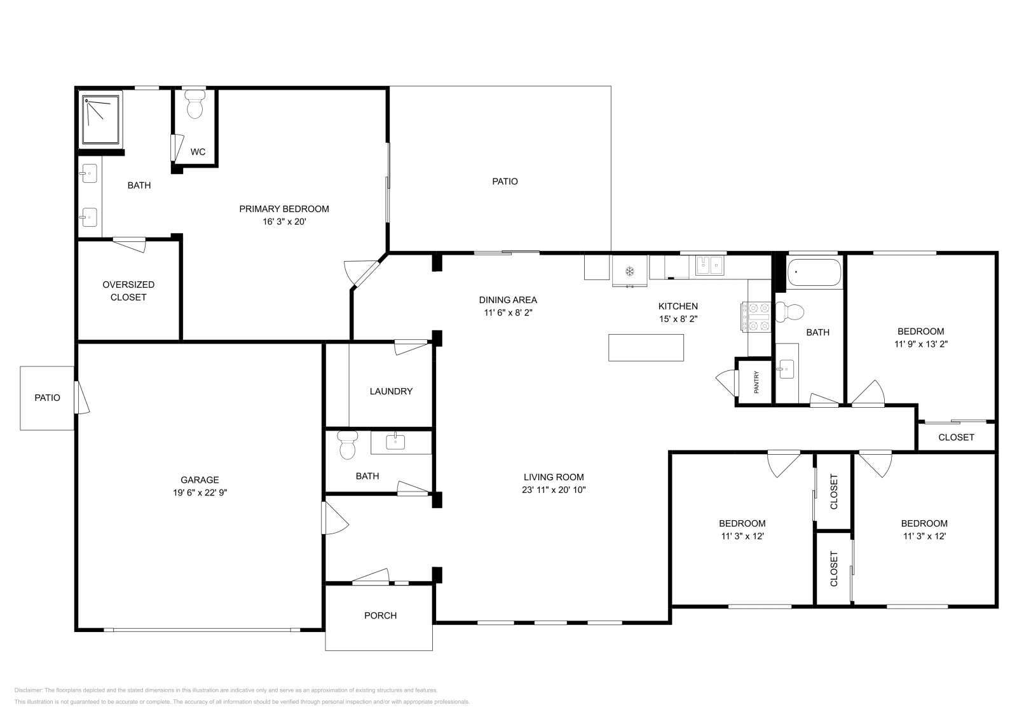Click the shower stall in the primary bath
point(102,120)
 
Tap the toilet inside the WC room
point(195,105)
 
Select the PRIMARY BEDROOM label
point(284,209)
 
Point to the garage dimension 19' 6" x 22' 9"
point(200,492)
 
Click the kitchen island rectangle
point(646,347)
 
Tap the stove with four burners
point(756,317)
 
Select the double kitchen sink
point(711,265)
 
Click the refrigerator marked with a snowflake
point(630,271)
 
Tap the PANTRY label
point(756,382)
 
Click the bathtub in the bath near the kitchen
point(814,274)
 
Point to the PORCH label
point(380,615)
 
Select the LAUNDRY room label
point(391,391)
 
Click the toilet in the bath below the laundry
point(347,445)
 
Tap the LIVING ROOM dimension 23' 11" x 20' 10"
point(554,490)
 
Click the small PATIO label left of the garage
point(47,398)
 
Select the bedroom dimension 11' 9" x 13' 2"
point(920,344)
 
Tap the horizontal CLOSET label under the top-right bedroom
point(956,437)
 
